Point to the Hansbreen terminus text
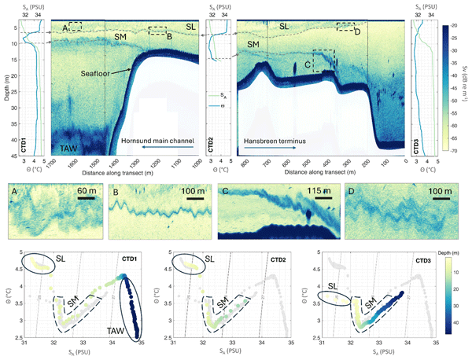coord(275,142)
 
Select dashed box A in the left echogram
coord(75,27)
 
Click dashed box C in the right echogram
coord(323,61)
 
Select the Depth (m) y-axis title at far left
coord(6,87)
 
